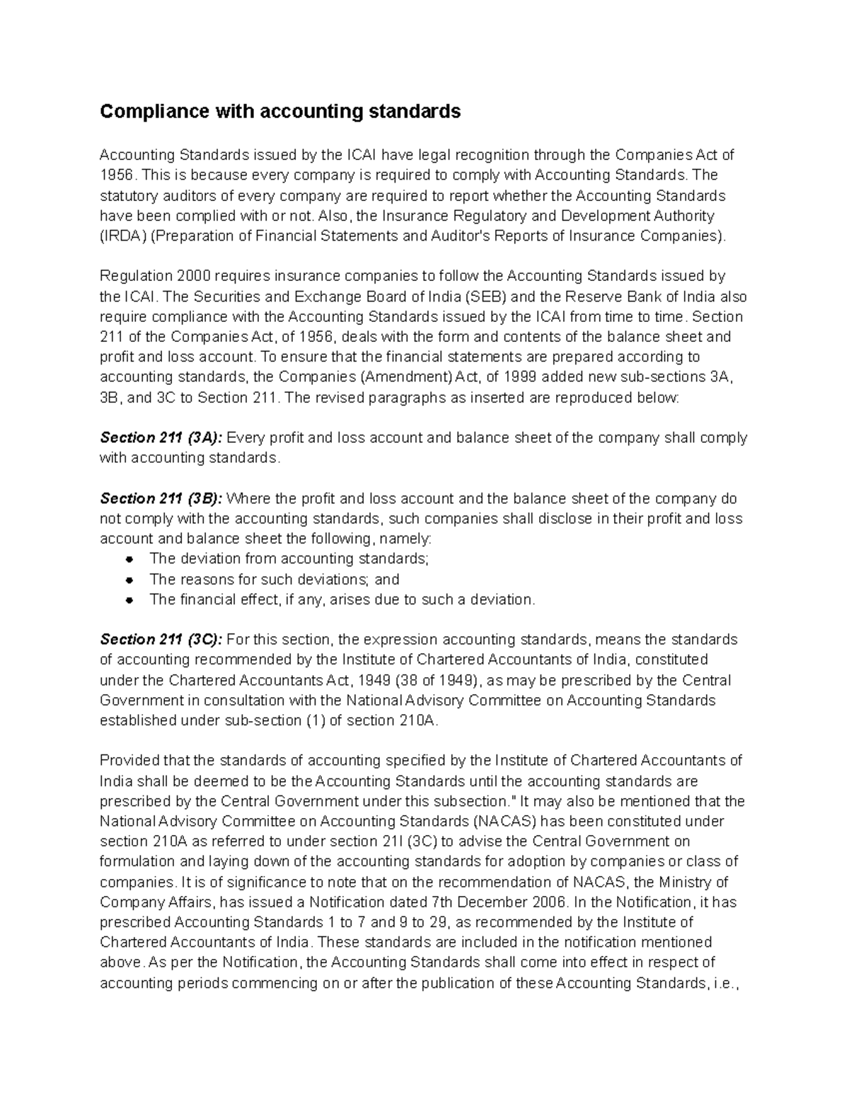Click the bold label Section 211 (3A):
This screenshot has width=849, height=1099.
(x=161, y=438)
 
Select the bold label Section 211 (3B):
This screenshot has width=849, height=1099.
(x=161, y=498)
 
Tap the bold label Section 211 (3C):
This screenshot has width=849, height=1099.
(x=161, y=640)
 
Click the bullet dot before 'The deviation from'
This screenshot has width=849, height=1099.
(x=129, y=559)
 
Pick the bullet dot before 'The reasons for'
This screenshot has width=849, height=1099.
(x=129, y=580)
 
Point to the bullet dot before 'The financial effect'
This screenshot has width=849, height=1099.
(x=129, y=600)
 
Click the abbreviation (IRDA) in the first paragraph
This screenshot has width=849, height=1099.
(x=122, y=236)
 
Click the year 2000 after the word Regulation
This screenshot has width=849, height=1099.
(x=195, y=276)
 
